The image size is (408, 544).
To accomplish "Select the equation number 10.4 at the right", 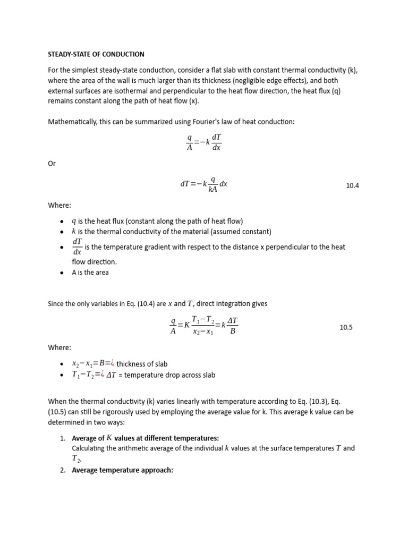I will click(353, 186).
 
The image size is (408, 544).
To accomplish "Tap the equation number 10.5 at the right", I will click(346, 328).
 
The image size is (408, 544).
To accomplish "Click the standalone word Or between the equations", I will click(52, 164).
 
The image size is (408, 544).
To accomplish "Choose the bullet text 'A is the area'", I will click(90, 273).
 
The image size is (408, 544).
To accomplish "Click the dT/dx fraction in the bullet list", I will click(77, 246).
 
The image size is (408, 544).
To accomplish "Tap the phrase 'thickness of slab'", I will click(142, 364).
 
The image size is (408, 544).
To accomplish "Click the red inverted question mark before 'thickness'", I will click(113, 364).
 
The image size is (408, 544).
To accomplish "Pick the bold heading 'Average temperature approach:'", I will click(123, 470).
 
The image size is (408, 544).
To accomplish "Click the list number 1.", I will click(62, 438).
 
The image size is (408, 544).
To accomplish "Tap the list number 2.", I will click(62, 470).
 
